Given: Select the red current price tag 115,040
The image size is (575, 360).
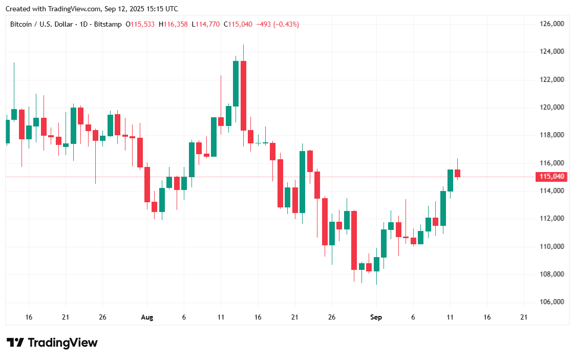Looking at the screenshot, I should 552,177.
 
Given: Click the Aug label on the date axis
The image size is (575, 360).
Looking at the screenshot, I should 147,317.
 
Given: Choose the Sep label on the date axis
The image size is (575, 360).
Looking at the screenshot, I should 376,317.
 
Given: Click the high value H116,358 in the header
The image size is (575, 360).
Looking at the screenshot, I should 174,24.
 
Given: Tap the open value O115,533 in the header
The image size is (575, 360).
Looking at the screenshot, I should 140,24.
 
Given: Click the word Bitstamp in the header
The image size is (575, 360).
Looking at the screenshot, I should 109,24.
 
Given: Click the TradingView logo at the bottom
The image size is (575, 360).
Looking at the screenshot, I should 52,343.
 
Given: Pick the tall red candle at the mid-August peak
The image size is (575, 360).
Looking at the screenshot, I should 243,95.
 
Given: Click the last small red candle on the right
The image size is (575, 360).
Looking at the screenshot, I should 457,173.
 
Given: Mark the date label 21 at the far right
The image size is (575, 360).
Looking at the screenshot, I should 524,317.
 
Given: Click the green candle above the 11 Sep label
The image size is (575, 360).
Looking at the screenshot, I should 450,180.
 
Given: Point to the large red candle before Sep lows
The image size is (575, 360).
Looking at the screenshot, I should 354,240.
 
